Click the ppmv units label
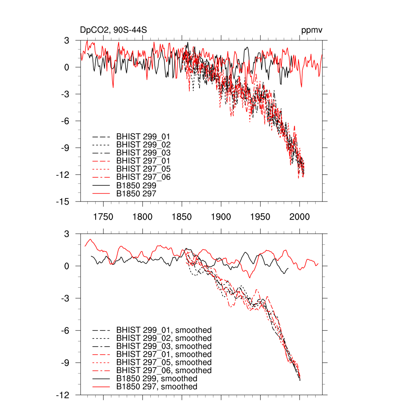[x=312, y=30]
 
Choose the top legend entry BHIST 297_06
[x=143, y=177]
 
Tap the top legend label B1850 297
[x=136, y=193]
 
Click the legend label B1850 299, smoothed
[x=157, y=379]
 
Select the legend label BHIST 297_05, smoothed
[x=164, y=362]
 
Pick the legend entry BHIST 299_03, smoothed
[x=164, y=346]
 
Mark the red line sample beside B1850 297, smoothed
[x=100, y=387]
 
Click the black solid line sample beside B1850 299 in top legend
[x=100, y=185]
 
